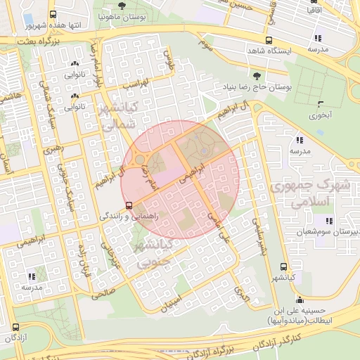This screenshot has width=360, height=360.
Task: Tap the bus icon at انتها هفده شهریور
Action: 52,13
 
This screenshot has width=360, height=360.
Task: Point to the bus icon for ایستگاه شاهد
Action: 268,40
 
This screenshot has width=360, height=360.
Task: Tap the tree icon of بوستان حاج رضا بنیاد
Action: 256,76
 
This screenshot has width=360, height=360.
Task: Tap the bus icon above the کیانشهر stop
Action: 283,267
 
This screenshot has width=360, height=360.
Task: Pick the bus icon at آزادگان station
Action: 15,327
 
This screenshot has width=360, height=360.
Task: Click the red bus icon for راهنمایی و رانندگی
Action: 129,205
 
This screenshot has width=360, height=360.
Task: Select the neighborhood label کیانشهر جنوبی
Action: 150,255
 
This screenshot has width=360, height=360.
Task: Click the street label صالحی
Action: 103,295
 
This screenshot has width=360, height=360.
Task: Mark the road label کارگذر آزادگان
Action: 306,341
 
